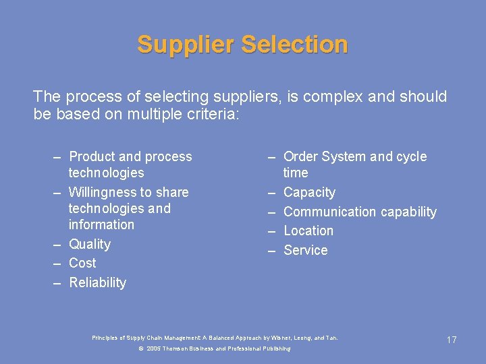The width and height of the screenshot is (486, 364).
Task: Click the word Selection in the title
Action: [x=294, y=44]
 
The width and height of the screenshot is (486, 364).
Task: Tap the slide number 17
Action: [x=452, y=340]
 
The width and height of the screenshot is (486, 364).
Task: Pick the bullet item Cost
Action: [x=82, y=263]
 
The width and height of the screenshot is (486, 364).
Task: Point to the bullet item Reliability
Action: [x=97, y=282]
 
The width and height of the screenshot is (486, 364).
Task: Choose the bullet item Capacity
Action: [x=309, y=192]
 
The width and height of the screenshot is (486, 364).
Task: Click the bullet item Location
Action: [x=308, y=231]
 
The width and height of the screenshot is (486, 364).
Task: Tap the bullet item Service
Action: [x=305, y=250]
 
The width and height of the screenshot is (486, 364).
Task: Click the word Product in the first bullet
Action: [x=92, y=156]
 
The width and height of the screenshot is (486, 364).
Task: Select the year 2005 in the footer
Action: [x=154, y=348]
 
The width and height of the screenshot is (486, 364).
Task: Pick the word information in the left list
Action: [x=101, y=224]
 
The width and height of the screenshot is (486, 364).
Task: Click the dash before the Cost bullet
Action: [x=59, y=263]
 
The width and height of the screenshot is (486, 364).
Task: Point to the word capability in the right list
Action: [x=408, y=212]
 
